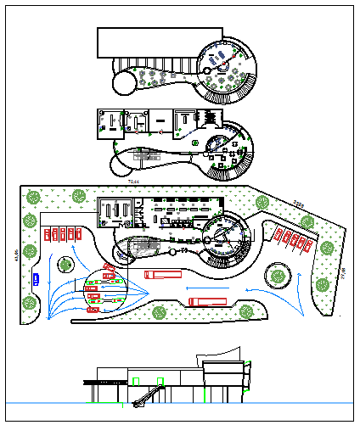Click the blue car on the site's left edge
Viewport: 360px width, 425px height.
pyautogui.click(x=35, y=277)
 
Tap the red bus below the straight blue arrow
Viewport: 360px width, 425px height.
pyautogui.click(x=208, y=300)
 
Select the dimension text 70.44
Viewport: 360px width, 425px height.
pyautogui.click(x=133, y=182)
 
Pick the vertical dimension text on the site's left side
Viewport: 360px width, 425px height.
pyautogui.click(x=15, y=254)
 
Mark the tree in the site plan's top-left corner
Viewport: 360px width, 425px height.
pyautogui.click(x=33, y=197)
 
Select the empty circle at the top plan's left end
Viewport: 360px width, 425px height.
pyautogui.click(x=121, y=81)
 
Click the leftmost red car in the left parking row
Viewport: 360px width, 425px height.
pyautogui.click(x=48, y=234)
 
